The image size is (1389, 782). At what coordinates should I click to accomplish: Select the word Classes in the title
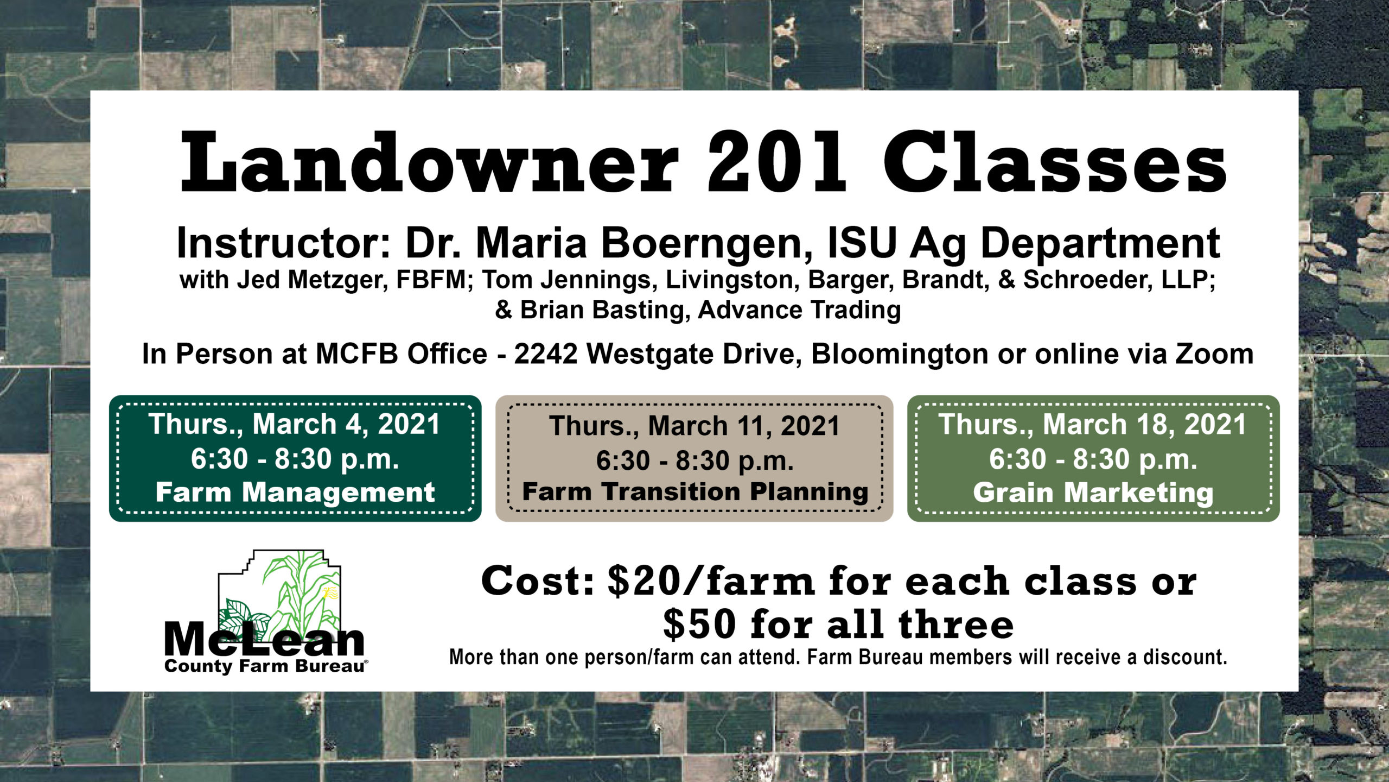1055,162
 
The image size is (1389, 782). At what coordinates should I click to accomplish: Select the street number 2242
546,354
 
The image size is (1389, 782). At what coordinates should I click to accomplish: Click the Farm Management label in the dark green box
295,493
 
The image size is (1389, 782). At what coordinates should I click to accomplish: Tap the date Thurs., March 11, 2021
694,426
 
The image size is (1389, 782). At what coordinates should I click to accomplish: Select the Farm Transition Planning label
695,493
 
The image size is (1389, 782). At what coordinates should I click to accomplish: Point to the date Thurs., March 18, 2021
1093,425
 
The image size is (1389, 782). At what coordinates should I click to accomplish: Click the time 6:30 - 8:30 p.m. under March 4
295,459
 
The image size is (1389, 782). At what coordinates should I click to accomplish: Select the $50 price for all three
700,625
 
